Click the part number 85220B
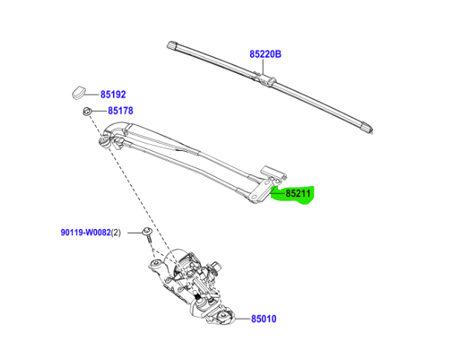pyautogui.click(x=266, y=54)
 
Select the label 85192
pyautogui.click(x=113, y=94)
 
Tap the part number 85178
pyautogui.click(x=120, y=111)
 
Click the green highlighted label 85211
pyautogui.click(x=298, y=194)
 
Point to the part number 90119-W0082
pyautogui.click(x=85, y=233)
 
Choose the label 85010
pyautogui.click(x=263, y=319)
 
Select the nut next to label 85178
pyautogui.click(x=86, y=112)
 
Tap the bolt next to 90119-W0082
pyautogui.click(x=148, y=235)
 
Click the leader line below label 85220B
pyautogui.click(x=264, y=65)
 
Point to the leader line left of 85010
pyautogui.click(x=237, y=319)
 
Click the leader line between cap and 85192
pyautogui.click(x=94, y=94)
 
